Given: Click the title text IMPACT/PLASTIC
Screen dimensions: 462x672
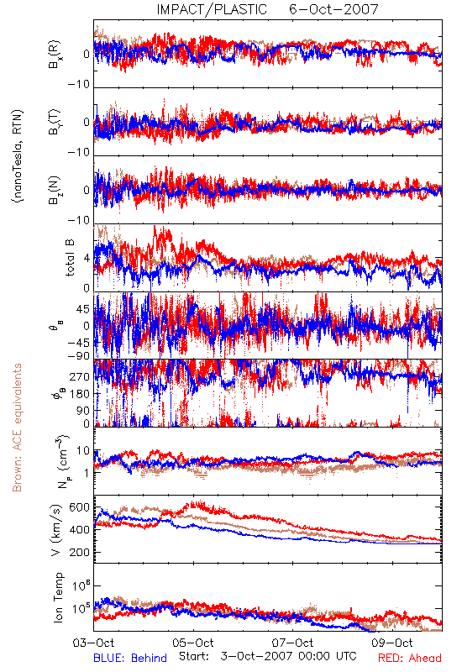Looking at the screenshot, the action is [212, 9].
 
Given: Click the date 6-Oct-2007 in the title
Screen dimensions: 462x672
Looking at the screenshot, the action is [333, 9].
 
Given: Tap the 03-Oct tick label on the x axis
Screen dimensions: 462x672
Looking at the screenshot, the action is [93, 643].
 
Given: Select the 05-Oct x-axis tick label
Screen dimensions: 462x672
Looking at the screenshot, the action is [193, 643].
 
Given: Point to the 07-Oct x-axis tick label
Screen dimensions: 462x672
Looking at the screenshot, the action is [292, 643].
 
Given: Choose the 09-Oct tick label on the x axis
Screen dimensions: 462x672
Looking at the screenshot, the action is [392, 643].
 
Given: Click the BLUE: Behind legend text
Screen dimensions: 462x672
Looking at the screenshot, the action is [130, 658].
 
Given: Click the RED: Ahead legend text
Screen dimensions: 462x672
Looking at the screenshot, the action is [410, 658].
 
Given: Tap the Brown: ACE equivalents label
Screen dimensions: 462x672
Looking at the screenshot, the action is [17, 428].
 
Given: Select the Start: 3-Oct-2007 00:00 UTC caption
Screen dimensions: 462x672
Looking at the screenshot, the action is [267, 656].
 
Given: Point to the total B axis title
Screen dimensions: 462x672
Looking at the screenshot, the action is [70, 258].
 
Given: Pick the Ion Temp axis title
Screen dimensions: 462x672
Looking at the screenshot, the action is [58, 597].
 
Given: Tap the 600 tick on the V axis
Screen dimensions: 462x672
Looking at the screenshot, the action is [79, 507].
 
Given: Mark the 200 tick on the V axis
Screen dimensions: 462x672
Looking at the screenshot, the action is [79, 553].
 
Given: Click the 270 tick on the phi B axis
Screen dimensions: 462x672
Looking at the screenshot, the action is [80, 377].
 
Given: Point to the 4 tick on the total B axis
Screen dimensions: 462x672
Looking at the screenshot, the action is [87, 259].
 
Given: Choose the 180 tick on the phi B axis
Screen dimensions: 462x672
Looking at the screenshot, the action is [80, 394].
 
